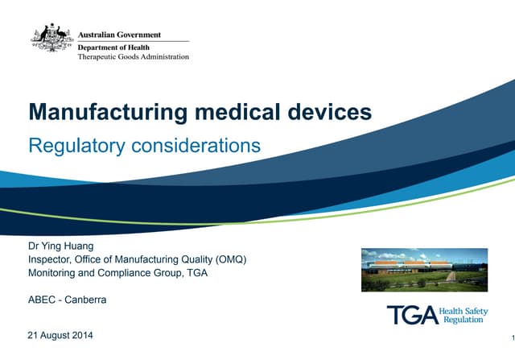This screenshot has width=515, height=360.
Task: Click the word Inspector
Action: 50,259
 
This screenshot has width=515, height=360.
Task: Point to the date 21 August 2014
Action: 60,334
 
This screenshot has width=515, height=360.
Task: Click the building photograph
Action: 424,270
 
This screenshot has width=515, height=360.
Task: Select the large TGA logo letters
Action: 412,314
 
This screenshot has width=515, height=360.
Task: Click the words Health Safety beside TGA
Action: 465,309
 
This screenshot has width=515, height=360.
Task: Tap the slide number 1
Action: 511,337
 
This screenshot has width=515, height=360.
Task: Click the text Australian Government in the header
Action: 119,35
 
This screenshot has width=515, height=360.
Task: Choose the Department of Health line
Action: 108,48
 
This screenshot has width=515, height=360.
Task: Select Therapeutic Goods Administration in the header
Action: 134,57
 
